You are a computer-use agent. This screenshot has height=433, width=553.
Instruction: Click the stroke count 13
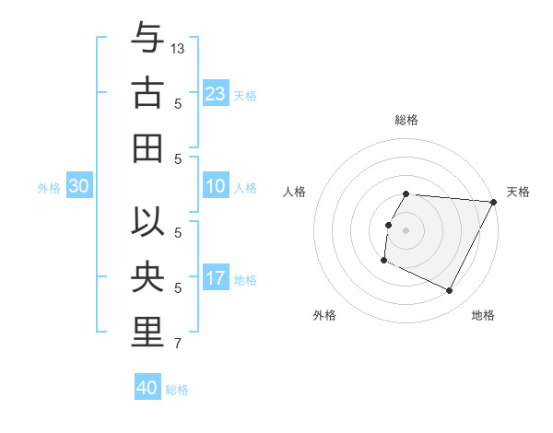point(179,47)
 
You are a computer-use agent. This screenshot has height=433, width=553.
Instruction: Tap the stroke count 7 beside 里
point(178,345)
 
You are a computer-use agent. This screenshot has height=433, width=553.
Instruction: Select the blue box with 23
point(216,93)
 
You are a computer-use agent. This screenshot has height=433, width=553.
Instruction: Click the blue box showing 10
point(216,187)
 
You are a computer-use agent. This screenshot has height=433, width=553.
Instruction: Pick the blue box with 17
point(216,279)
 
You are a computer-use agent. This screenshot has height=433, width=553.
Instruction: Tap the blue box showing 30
point(78,187)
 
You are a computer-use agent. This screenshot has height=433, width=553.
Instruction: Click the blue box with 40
point(147,388)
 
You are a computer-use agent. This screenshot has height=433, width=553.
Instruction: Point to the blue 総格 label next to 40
point(178,390)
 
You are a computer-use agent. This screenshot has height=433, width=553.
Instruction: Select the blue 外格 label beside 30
point(49,188)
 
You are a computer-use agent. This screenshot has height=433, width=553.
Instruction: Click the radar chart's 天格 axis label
point(518,192)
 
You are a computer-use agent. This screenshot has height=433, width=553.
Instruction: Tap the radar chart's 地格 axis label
point(483,315)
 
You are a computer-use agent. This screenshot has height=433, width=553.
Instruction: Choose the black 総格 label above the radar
point(406,120)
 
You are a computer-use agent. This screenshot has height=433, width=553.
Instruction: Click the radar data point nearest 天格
point(493,202)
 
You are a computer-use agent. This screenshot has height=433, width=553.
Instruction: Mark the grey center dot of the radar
point(406,229)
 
